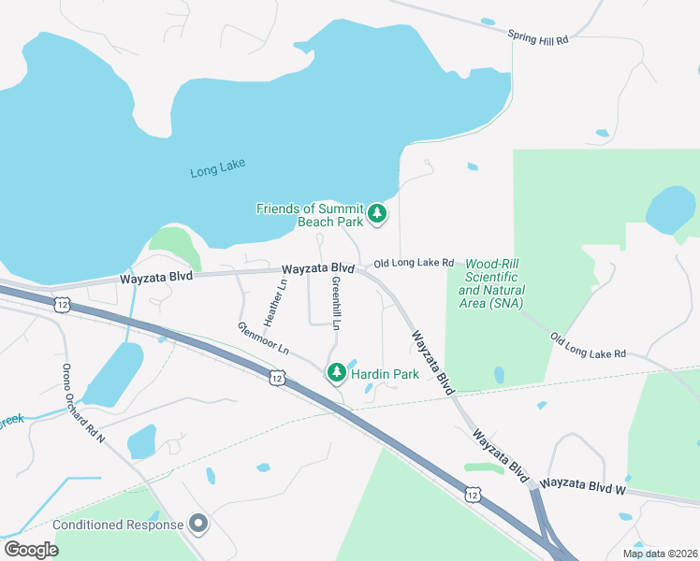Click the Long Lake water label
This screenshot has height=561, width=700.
(x=217, y=169)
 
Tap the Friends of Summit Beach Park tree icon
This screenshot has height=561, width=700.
(x=377, y=214)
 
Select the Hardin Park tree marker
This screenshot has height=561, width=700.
(x=336, y=374)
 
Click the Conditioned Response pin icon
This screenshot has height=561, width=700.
(x=197, y=525)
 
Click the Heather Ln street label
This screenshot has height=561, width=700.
(x=274, y=302)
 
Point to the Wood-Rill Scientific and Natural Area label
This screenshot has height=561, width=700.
(x=491, y=284)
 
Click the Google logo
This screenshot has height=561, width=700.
(x=31, y=550)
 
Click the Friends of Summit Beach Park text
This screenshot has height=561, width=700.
(x=309, y=215)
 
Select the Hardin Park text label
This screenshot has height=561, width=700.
(x=385, y=374)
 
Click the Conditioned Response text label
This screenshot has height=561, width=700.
(x=118, y=525)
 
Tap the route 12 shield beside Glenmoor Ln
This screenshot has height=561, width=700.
(x=276, y=377)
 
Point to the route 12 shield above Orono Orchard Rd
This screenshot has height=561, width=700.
(x=62, y=305)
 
